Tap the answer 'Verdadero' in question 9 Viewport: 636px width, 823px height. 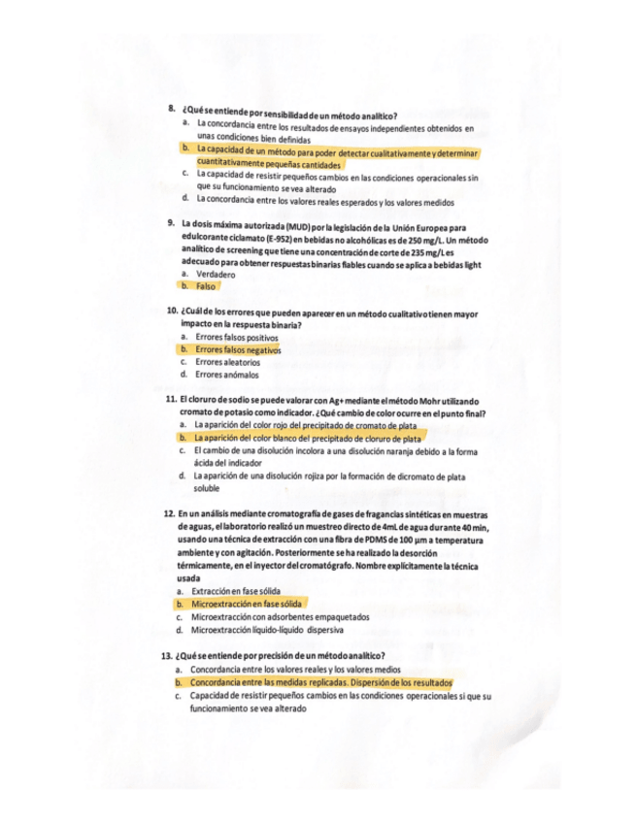(x=216, y=275)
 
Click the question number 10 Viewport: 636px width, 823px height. (x=171, y=313)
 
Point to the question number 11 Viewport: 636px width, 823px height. (x=170, y=401)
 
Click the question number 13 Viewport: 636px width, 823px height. (x=167, y=656)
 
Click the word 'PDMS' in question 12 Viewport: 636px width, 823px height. (x=402, y=540)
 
